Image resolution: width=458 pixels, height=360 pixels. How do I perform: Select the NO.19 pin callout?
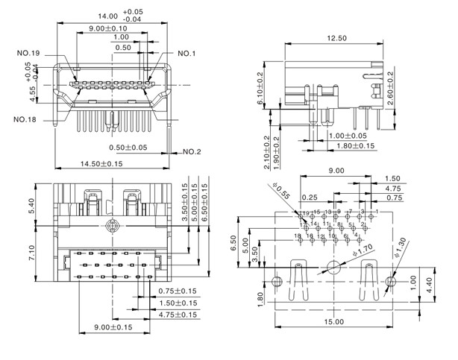click(29, 53)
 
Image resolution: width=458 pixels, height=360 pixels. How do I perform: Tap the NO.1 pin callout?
click(186, 54)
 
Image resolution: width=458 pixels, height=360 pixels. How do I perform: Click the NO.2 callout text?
click(191, 152)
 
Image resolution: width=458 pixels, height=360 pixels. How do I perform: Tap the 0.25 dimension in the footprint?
click(309, 198)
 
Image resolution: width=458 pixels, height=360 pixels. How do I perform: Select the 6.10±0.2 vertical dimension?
click(260, 88)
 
